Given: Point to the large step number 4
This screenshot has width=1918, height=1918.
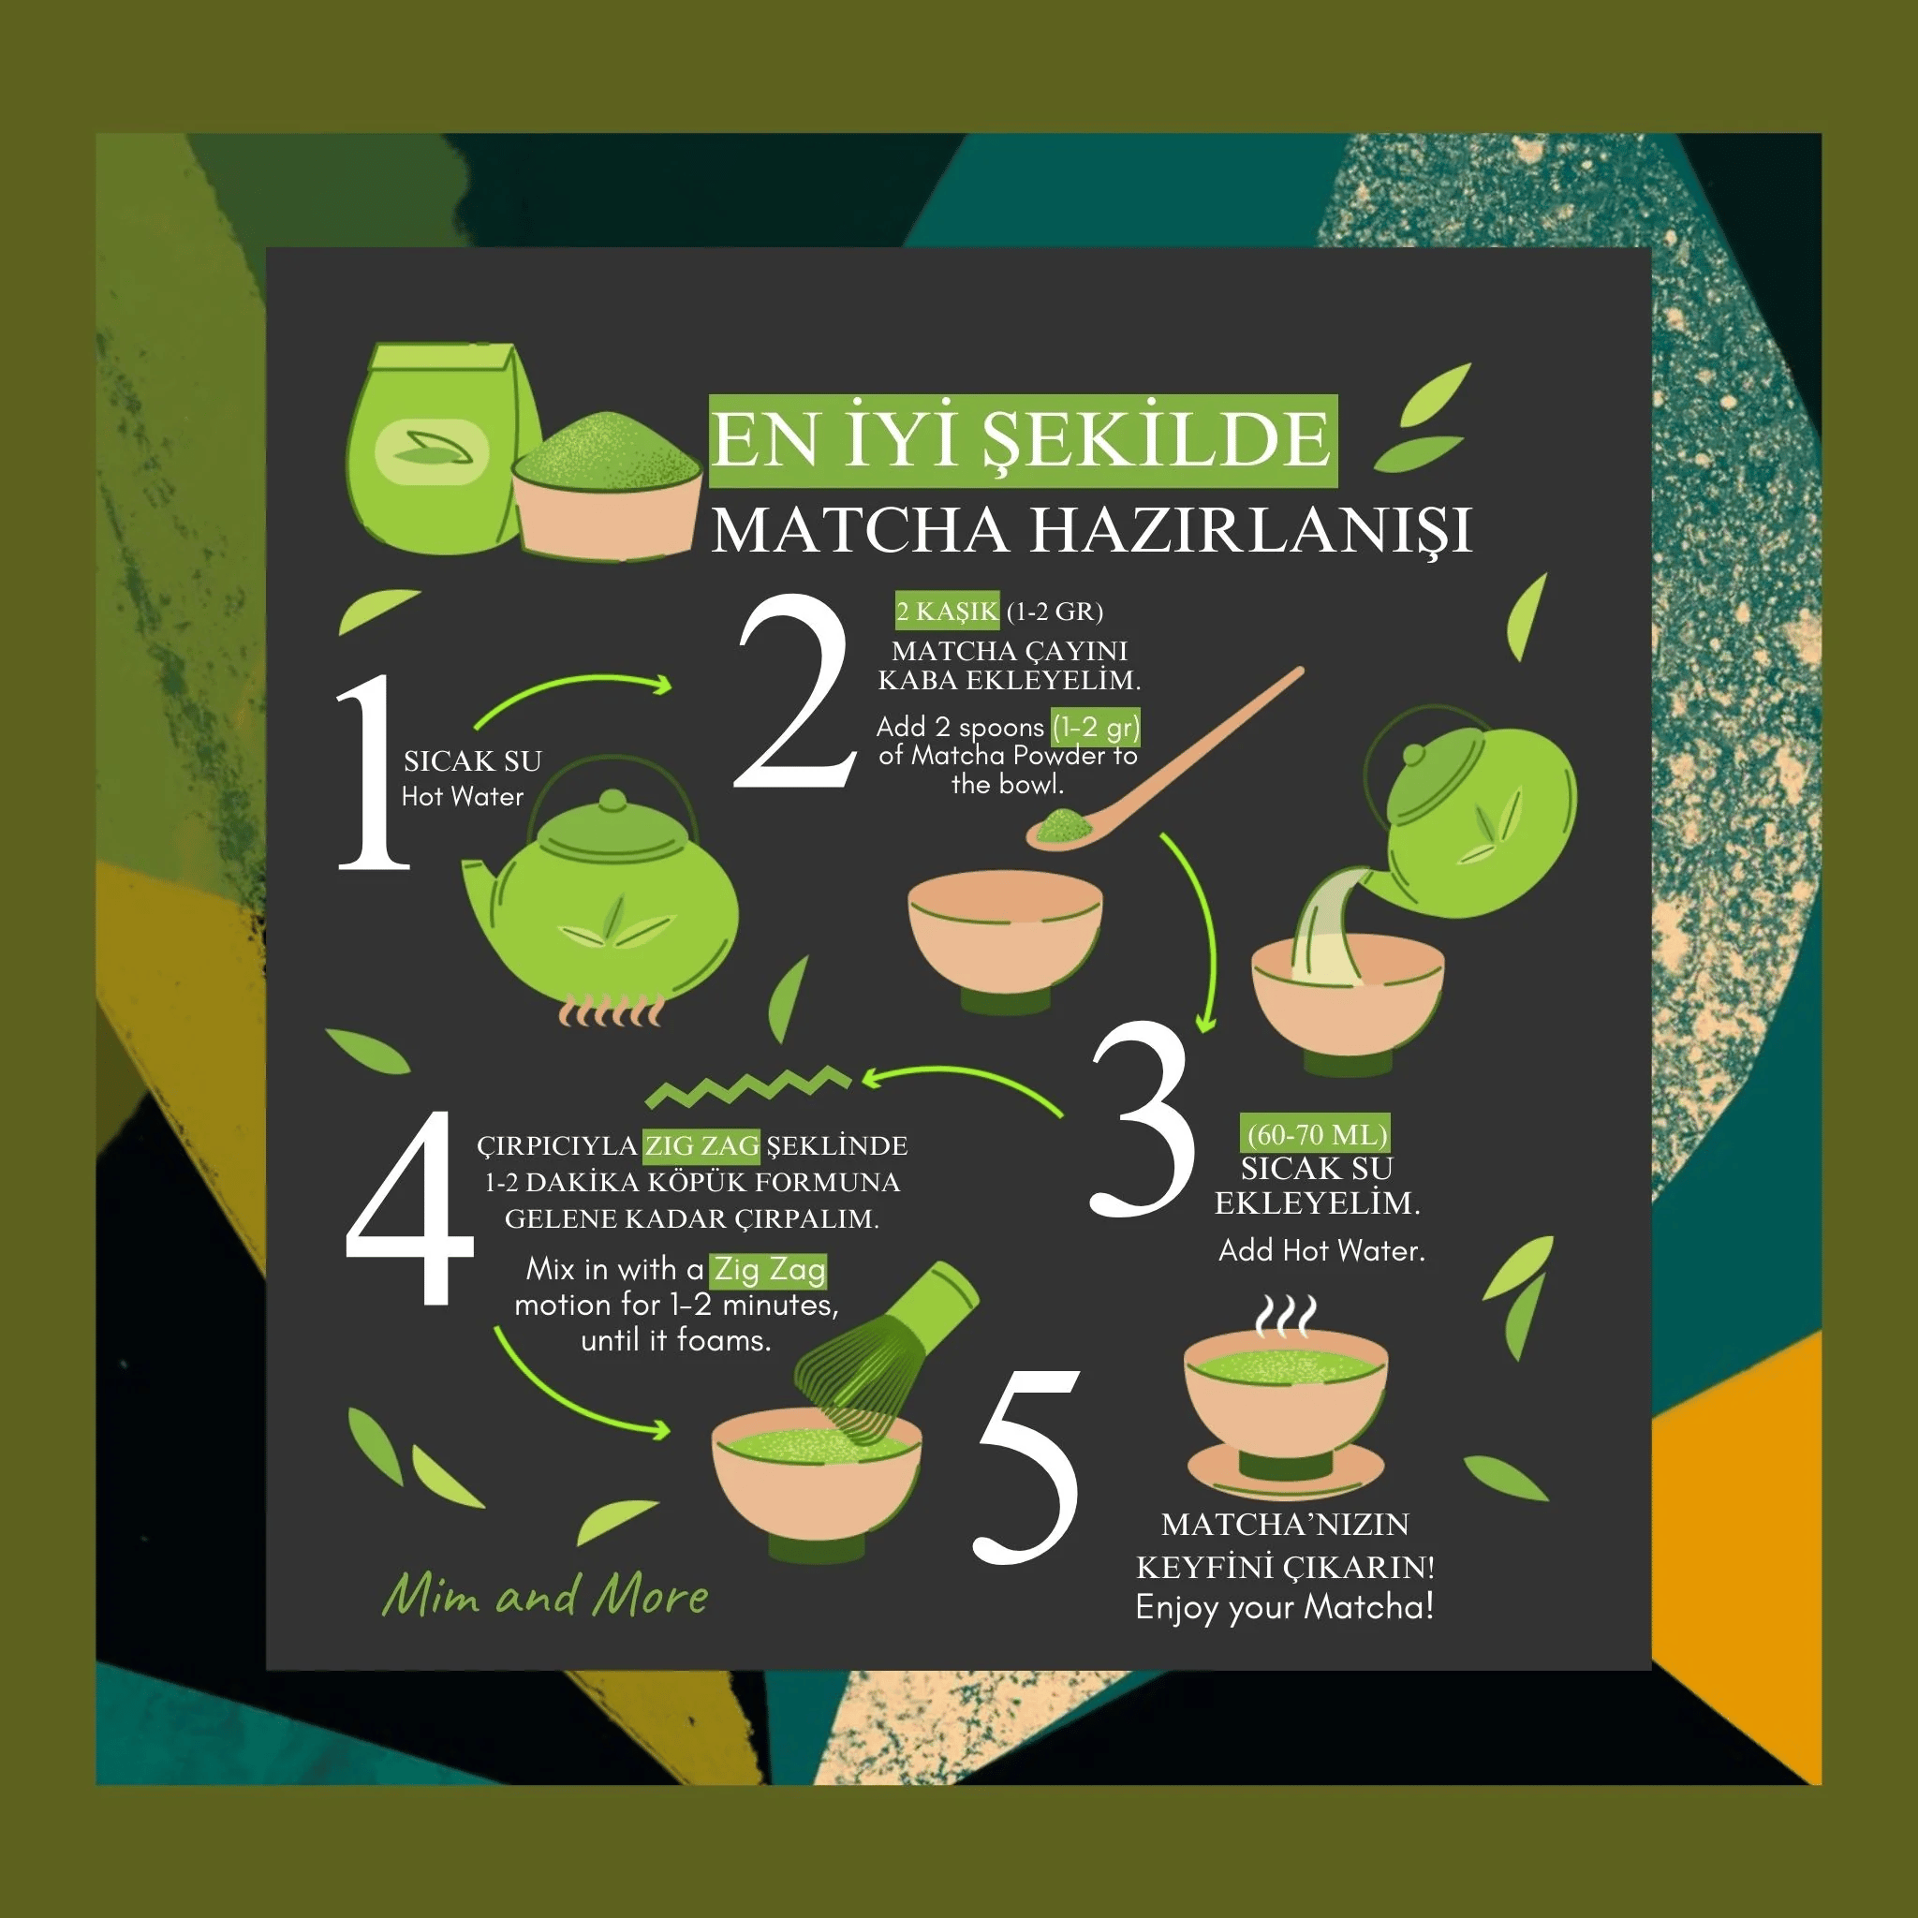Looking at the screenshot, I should coord(409,1209).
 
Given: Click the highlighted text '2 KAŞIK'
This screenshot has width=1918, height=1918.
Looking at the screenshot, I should coord(946,612).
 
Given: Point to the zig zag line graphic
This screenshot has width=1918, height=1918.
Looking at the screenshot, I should coord(746,1087).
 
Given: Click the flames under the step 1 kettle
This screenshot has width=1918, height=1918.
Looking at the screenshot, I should coord(611,1011).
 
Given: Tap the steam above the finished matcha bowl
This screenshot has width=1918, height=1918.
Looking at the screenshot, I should coord(1286,1317).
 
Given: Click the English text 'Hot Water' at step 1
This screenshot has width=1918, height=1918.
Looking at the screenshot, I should coord(462,796).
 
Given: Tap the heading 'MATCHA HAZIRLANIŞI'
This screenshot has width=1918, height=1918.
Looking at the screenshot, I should coord(1090,531).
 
